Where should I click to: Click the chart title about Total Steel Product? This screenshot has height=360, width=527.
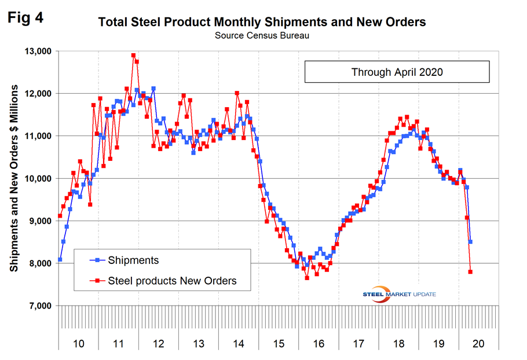pos(262,23)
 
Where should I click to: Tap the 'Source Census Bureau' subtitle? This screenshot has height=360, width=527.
pos(262,36)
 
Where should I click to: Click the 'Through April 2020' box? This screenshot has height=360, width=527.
pos(397,72)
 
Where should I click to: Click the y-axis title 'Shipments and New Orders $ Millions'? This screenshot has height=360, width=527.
pos(14,179)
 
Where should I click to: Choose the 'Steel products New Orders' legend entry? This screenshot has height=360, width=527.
pos(171,281)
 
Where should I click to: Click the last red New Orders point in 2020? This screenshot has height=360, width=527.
pos(470,271)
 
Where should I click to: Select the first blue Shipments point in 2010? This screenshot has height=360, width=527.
pos(60,260)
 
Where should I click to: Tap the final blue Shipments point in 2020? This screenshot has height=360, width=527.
pos(471,242)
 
